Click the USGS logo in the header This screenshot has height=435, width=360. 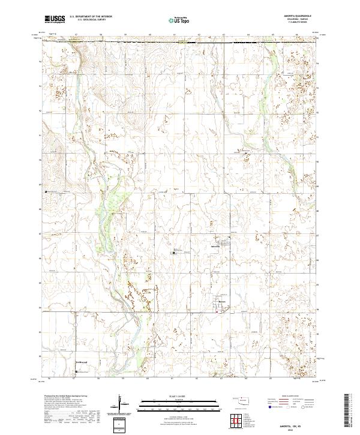point(55,19)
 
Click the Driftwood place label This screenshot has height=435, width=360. point(82,362)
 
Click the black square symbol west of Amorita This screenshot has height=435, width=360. point(175,253)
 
